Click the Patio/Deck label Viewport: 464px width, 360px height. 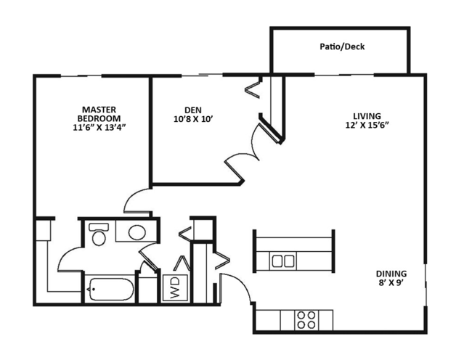point(342,47)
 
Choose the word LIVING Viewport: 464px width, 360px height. point(367,115)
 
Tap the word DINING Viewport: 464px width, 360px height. point(391,274)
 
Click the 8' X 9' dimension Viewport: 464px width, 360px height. point(391,284)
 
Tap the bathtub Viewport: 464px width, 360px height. point(110,290)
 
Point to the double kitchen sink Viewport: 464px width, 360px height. point(282,261)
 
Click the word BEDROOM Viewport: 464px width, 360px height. point(99,119)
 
